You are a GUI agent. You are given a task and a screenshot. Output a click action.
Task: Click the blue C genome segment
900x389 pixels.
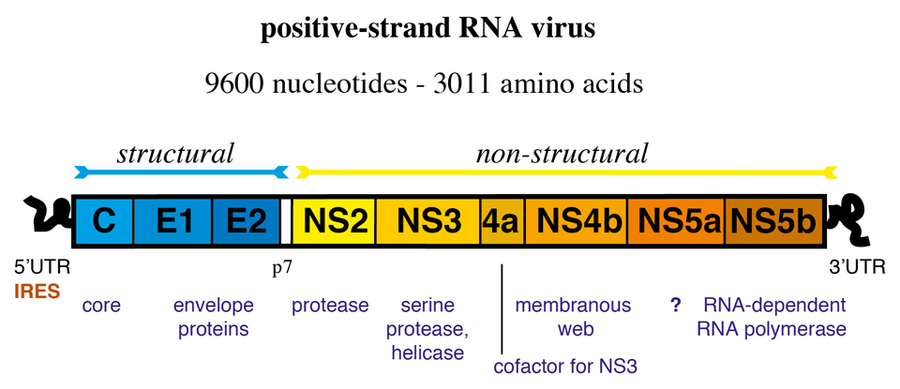[102, 222]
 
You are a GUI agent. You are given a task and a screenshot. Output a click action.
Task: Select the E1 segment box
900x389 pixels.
[173, 222]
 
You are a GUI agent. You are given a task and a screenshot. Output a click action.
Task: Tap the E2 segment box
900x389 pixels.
[246, 222]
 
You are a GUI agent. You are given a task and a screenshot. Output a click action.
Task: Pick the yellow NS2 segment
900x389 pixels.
[335, 222]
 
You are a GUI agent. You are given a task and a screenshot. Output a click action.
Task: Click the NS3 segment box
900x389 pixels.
[428, 222]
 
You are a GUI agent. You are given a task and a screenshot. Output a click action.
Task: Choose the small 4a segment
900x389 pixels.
[502, 222]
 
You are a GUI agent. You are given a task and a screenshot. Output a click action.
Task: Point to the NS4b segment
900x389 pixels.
[576, 222]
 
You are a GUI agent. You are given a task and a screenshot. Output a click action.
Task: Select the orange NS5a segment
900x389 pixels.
[676, 222]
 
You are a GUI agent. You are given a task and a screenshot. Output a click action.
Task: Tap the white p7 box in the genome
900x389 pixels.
[287, 222]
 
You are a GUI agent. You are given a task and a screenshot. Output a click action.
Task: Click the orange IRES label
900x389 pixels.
[37, 292]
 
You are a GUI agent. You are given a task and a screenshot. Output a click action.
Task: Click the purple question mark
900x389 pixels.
[674, 306]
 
